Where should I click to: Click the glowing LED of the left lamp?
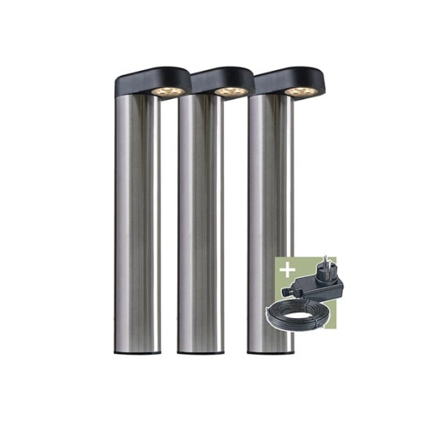pos(168,91)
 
